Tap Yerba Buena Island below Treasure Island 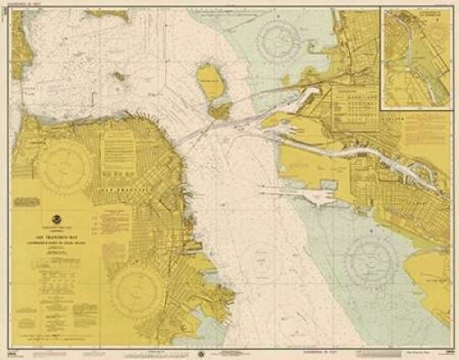(x=219, y=109)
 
